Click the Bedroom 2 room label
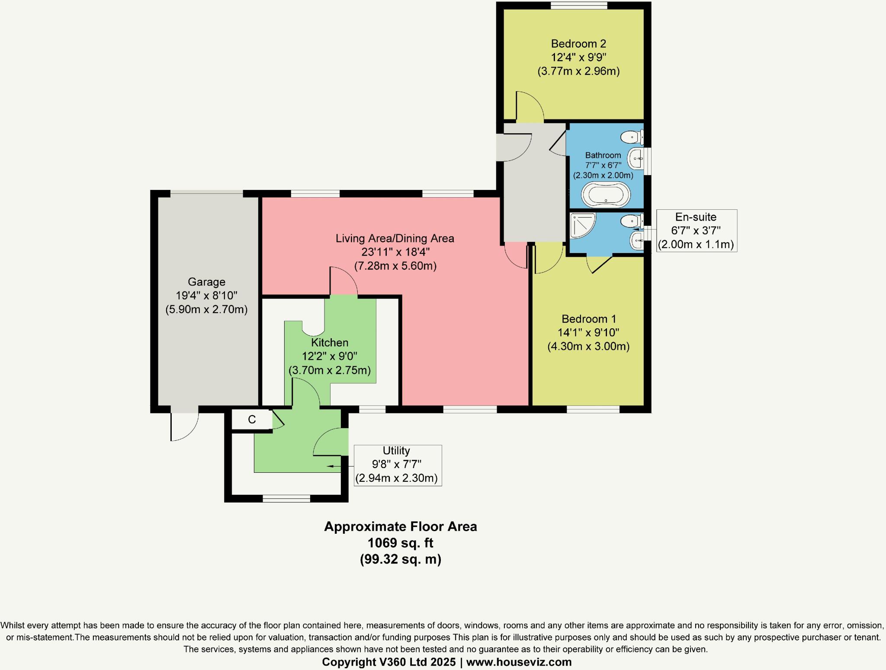pos(578,44)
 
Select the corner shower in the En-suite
pos(582,225)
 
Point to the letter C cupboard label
pos(252,419)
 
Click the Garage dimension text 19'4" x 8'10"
pos(206,296)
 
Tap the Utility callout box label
pos(396,451)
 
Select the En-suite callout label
pos(696,217)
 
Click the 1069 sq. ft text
pos(400,543)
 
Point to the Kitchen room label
pos(330,343)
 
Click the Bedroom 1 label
pos(588,319)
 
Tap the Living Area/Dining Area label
pos(395,238)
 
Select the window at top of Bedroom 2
pos(579,5)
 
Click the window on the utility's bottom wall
pos(286,499)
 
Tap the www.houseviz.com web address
pos(519,662)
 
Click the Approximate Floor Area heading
pos(400,527)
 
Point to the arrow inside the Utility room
pos(333,466)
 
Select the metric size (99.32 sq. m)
pos(400,559)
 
